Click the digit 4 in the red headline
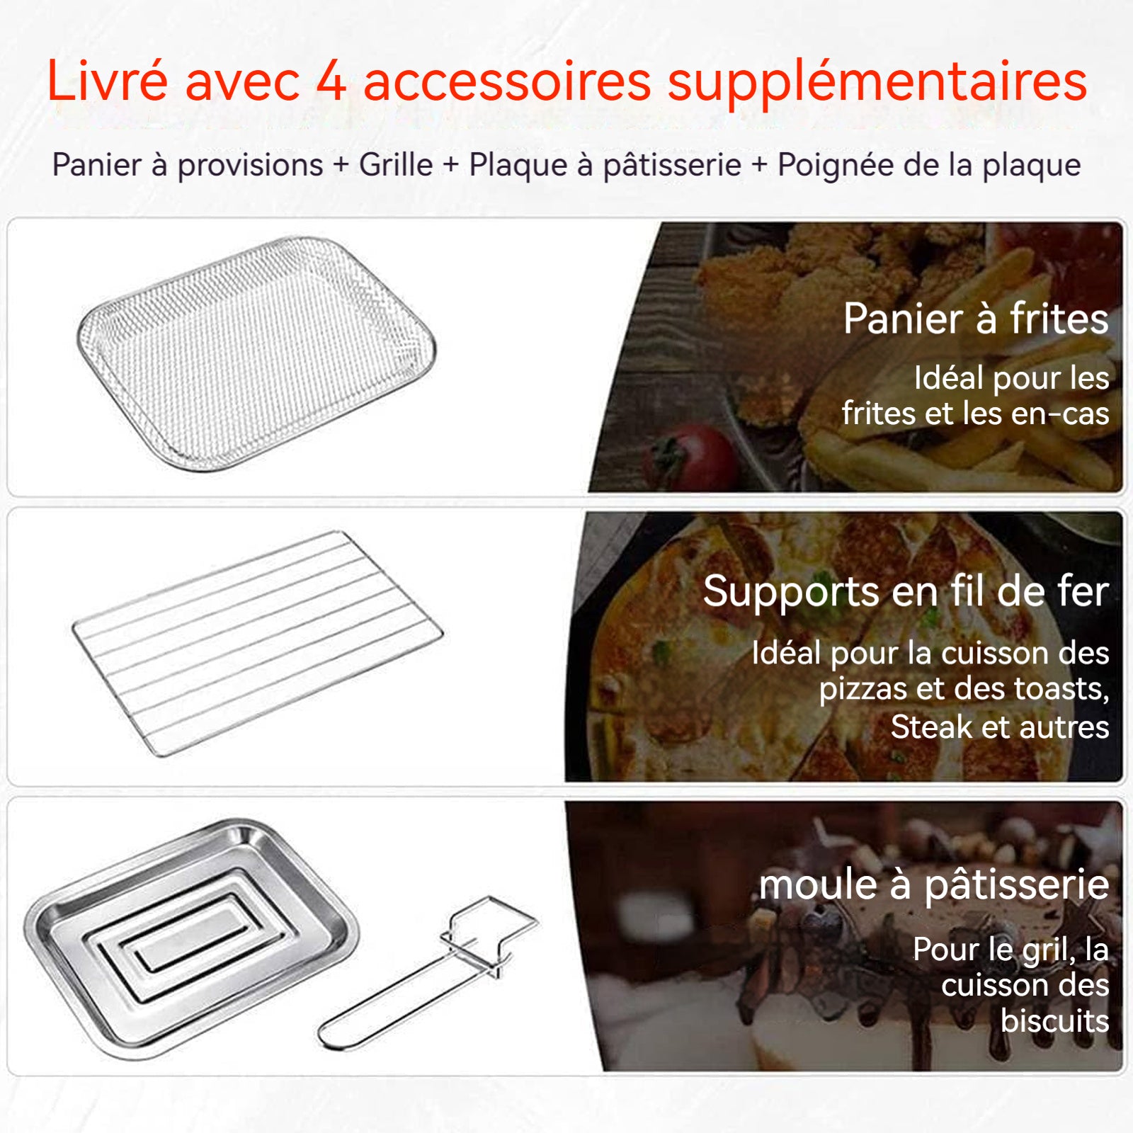pyautogui.click(x=331, y=81)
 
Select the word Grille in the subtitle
pyautogui.click(x=396, y=164)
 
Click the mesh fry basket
pyautogui.click(x=256, y=352)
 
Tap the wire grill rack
pyautogui.click(x=258, y=643)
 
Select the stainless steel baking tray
pyautogui.click(x=191, y=938)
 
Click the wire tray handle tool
pyautogui.click(x=429, y=973)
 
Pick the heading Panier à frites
pyautogui.click(x=976, y=319)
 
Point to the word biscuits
pyautogui.click(x=1054, y=1021)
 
